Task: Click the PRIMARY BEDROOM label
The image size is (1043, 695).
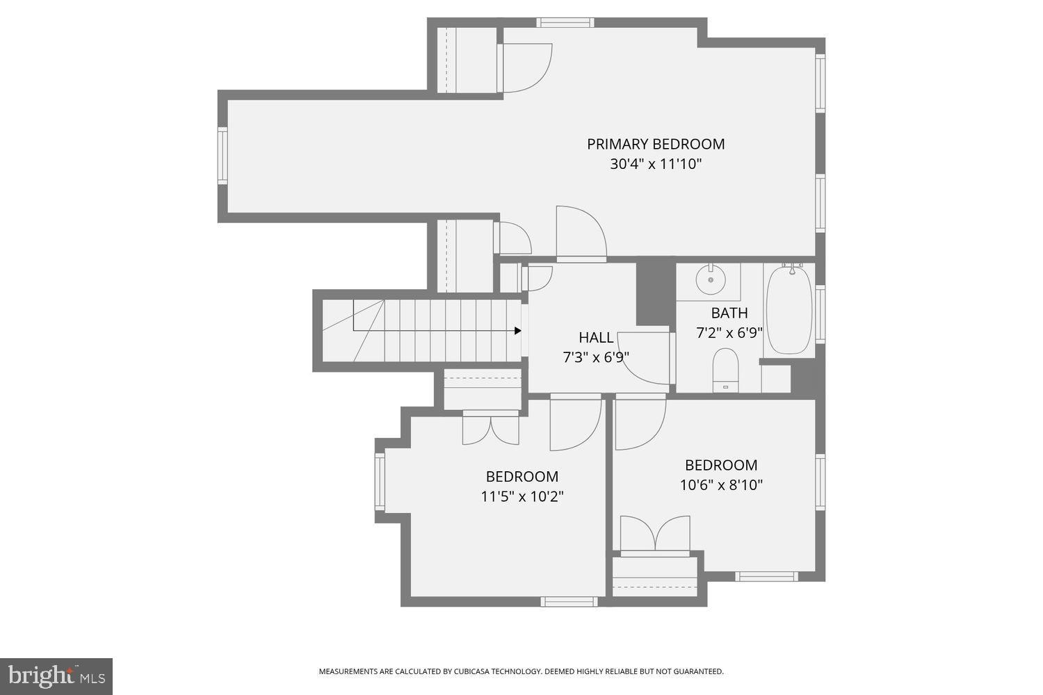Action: pos(656,144)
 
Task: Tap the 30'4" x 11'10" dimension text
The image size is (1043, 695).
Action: pos(656,165)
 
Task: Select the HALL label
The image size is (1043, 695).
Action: pos(596,338)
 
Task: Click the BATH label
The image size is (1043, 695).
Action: pos(729,313)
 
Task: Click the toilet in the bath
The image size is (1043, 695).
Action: pos(726,368)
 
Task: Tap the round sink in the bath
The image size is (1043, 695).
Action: pos(711,279)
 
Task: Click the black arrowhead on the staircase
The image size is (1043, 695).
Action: pos(517,331)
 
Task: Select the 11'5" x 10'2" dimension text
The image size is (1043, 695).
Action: pos(521,497)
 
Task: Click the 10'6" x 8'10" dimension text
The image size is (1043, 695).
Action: pos(721,485)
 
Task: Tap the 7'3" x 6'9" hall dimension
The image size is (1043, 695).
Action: pos(596,358)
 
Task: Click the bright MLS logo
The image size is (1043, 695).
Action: pos(56,676)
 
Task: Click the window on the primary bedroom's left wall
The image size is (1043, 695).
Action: pos(223,156)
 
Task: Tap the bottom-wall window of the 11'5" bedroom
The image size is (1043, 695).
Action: pos(569,601)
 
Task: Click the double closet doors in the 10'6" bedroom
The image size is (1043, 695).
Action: pos(655,535)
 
